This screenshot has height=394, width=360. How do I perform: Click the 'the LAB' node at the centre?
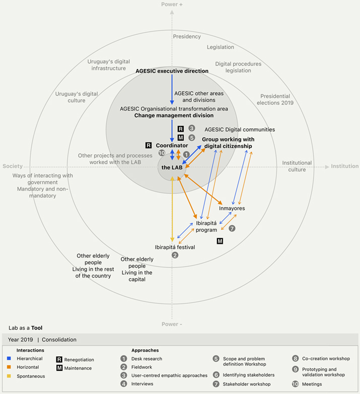pos(172,167)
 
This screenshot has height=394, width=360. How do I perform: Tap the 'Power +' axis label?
pos(172,4)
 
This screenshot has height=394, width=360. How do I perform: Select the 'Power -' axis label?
pos(172,324)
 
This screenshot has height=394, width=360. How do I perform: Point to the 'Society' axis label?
pos(13,166)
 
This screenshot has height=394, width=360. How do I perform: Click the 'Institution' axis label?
pos(345,166)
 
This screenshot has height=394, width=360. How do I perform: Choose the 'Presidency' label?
pos(187,37)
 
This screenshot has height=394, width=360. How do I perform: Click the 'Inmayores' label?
pos(232,208)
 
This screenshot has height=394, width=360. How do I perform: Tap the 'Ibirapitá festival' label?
pos(175,247)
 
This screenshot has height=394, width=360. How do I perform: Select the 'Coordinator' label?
pos(172,146)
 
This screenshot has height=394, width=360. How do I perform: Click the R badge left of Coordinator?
pos(149,145)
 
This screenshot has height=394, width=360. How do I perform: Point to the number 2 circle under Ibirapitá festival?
pos(175,255)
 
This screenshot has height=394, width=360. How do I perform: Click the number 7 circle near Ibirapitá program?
pos(232,228)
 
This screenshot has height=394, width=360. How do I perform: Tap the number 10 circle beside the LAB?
pos(162,153)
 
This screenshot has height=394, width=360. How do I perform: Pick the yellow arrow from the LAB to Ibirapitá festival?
pos(172,209)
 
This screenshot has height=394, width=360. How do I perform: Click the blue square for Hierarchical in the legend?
pos(9,359)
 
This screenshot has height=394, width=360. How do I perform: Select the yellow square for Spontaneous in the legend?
pos(9,376)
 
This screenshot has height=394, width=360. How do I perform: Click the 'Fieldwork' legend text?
pos(141,367)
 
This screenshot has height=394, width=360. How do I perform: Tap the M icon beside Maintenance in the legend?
pos(59,368)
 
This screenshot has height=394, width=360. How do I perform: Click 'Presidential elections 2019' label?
pos(275,99)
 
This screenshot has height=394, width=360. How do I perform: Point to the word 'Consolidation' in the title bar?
pos(59,340)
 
